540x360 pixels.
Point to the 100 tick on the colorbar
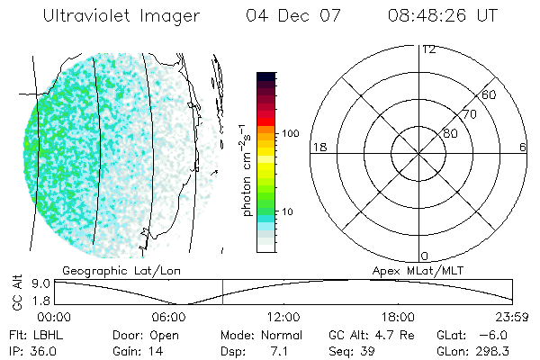[290, 133]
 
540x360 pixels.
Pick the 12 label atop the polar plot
[428, 49]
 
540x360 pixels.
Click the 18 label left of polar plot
[318, 147]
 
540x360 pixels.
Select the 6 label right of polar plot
[523, 147]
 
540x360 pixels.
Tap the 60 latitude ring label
[490, 94]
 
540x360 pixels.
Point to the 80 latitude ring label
[450, 133]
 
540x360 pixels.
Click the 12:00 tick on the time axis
[283, 317]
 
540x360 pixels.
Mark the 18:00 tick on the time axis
[398, 317]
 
